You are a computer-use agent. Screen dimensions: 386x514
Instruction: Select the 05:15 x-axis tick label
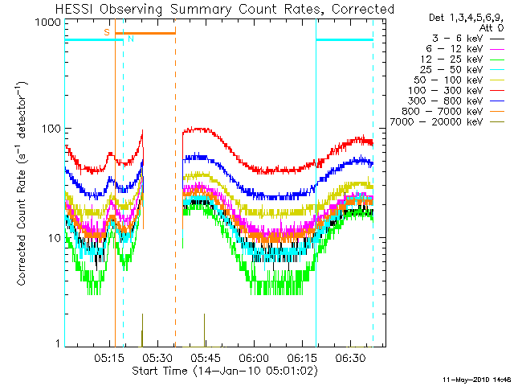point(109,356)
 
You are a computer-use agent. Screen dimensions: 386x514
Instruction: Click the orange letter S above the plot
point(107,31)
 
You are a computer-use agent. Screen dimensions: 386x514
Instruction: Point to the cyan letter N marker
point(130,39)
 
